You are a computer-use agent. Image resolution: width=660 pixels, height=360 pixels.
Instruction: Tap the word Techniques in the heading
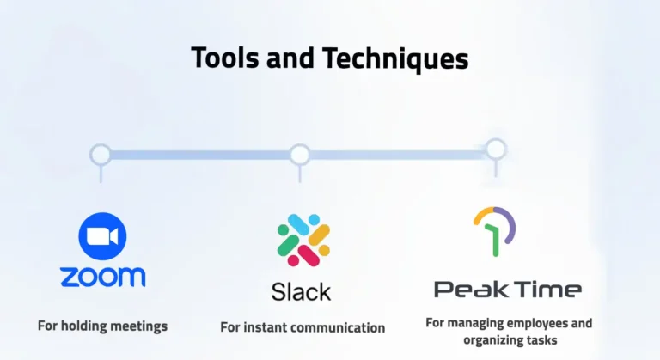pos(396,58)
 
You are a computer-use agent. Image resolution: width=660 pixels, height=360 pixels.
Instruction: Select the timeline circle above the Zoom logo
pos(101,155)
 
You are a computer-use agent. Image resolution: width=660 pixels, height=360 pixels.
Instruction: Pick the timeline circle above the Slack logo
pos(299,155)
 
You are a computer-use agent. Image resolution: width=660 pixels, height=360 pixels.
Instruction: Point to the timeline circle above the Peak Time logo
pos(496,149)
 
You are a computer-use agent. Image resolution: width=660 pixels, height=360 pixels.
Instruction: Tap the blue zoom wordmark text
pos(102,277)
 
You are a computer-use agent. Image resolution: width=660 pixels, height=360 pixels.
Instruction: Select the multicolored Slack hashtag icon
pos(303,240)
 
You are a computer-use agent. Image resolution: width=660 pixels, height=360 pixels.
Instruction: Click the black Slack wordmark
pos(301,291)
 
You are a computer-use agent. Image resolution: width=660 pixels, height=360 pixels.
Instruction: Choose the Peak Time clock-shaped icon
pos(494,230)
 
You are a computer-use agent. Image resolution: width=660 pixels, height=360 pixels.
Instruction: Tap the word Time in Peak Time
pos(547,289)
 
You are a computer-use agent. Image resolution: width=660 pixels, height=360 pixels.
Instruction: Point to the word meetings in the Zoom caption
pos(138,326)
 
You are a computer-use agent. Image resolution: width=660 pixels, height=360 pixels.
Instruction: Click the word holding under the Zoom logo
pos(84,326)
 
